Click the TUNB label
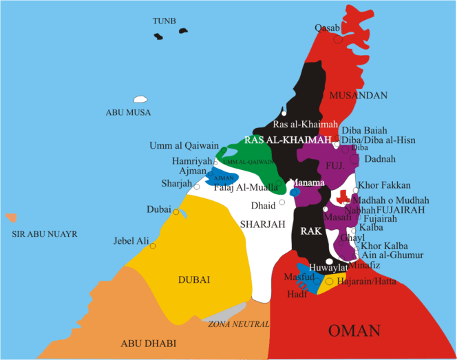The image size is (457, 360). tap(165, 21)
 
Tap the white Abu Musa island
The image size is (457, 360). tap(141, 100)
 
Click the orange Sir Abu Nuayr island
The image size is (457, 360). tap(10, 218)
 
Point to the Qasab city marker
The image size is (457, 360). tap(338, 40)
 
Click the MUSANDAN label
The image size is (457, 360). tap(359, 95)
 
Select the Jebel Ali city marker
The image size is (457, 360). tap(152, 246)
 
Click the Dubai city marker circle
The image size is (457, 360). tap(176, 212)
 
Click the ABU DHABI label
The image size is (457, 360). tap(149, 343)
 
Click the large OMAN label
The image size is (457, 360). tap(354, 331)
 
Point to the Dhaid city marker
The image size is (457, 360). tap(282, 203)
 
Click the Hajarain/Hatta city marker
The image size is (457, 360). tap(330, 282)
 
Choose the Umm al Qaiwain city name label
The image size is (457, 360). tap(189, 145)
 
